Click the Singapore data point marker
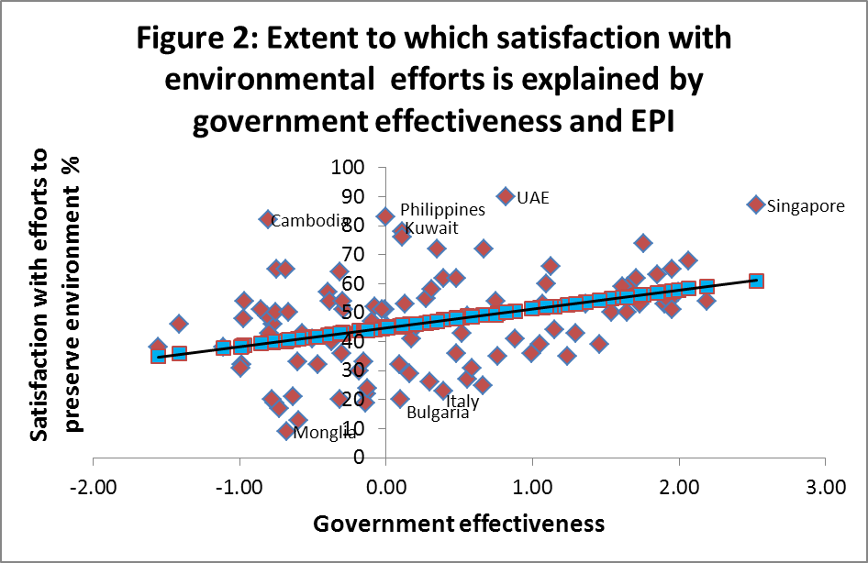(755, 204)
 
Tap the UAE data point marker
(506, 195)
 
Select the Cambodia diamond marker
(267, 219)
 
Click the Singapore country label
(805, 206)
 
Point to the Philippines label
(442, 211)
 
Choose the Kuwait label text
(431, 228)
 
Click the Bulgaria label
(438, 413)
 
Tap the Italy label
(462, 401)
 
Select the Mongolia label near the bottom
(325, 433)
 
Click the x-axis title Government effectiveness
(459, 524)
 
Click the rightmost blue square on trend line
(756, 281)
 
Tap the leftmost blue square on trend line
(158, 356)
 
